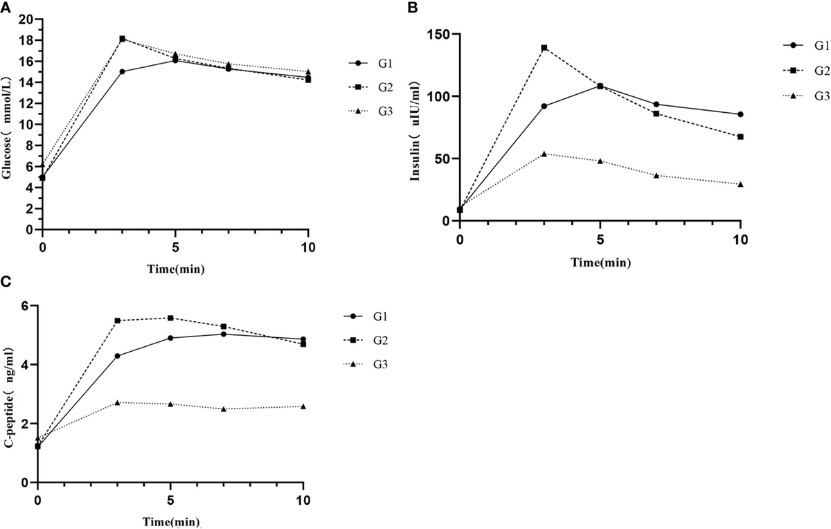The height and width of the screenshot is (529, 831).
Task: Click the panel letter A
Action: pyautogui.click(x=6, y=7)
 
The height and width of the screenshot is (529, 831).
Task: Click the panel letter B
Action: pyautogui.click(x=413, y=7)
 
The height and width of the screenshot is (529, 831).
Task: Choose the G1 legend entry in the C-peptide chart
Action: pyautogui.click(x=378, y=316)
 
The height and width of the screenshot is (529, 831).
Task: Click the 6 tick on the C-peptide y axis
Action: pyautogui.click(x=26, y=306)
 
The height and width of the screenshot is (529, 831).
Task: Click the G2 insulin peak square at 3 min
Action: pyautogui.click(x=544, y=48)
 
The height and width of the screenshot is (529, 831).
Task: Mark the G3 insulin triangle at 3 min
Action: pyautogui.click(x=544, y=154)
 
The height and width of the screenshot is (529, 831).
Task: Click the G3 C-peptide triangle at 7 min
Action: pyautogui.click(x=224, y=409)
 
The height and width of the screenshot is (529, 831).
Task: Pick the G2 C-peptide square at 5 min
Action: pyautogui.click(x=170, y=318)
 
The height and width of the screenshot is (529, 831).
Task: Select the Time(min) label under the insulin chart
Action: pyautogui.click(x=600, y=262)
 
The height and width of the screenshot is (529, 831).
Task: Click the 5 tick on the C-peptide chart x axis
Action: pyautogui.click(x=170, y=500)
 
